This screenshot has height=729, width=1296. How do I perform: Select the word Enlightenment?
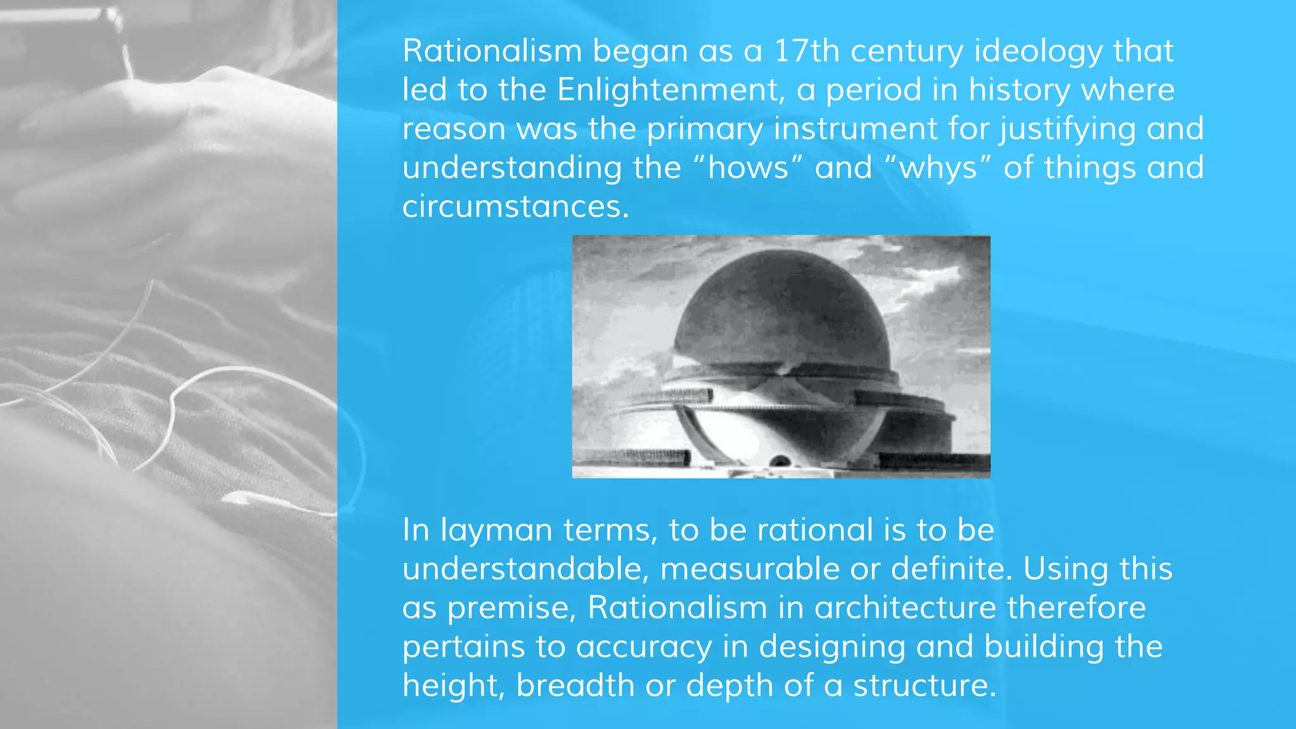coord(668,90)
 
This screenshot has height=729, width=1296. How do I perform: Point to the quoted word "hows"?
coord(748,168)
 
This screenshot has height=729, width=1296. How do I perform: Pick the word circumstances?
coord(515,206)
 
